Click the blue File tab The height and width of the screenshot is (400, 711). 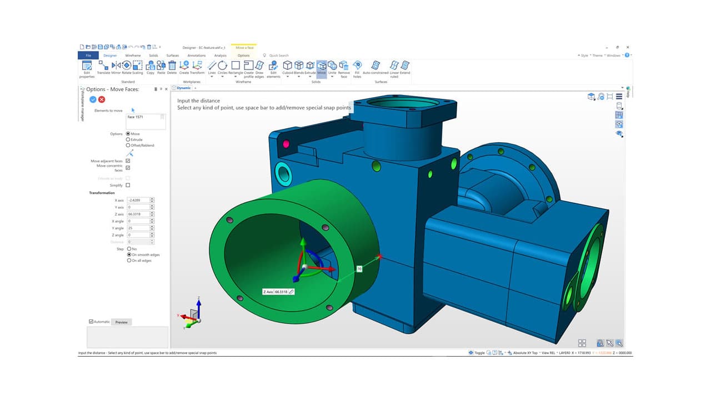pyautogui.click(x=88, y=56)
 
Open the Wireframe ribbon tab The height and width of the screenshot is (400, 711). pyautogui.click(x=133, y=56)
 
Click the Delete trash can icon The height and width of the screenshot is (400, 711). pyautogui.click(x=172, y=66)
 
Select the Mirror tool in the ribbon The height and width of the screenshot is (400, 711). pyautogui.click(x=116, y=66)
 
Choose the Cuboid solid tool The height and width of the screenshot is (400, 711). pyautogui.click(x=288, y=66)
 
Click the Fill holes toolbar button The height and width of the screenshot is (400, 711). pyautogui.click(x=357, y=66)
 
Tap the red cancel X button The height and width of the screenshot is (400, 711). pyautogui.click(x=102, y=99)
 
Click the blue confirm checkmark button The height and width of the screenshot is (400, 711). pyautogui.click(x=93, y=99)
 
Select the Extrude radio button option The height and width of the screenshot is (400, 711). pyautogui.click(x=128, y=139)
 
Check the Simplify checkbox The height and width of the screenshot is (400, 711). pyautogui.click(x=128, y=185)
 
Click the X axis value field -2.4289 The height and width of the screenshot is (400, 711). pyautogui.click(x=138, y=200)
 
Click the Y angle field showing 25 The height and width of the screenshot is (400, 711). pyautogui.click(x=138, y=228)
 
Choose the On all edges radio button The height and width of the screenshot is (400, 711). pyautogui.click(x=128, y=261)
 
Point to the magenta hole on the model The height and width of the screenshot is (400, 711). pyautogui.click(x=287, y=144)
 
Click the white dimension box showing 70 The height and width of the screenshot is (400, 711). pyautogui.click(x=359, y=269)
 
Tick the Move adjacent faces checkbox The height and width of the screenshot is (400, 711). pyautogui.click(x=128, y=161)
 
